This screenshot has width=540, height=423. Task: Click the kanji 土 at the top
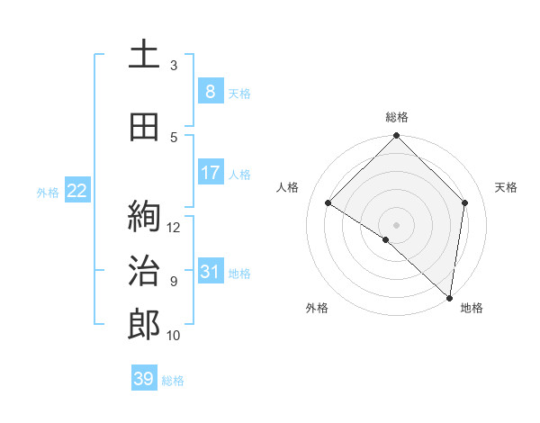pos(144,55)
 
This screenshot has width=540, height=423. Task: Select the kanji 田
pos(144,128)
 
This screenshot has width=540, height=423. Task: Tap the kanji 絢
pos(144,217)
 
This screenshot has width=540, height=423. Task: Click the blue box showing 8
pos(210,91)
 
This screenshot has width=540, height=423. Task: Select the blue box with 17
pos(210,173)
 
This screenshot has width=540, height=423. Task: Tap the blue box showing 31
pos(210,271)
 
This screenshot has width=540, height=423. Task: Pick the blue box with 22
pos(77,190)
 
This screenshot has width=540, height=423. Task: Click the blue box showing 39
pos(144,379)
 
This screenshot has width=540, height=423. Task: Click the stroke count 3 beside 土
pos(174,66)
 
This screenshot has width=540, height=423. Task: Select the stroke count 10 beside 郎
pos(174,336)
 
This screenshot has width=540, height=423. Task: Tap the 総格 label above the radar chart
pos(397,117)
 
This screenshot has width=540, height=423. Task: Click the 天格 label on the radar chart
pos(506,187)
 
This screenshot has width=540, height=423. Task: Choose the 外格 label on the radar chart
pos(317,308)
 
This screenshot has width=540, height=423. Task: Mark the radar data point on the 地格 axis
pos(449,296)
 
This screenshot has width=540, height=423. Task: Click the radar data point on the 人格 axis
pos(328,202)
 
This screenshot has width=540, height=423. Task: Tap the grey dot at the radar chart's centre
pos(397,224)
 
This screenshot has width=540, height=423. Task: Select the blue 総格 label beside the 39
pos(173,380)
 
